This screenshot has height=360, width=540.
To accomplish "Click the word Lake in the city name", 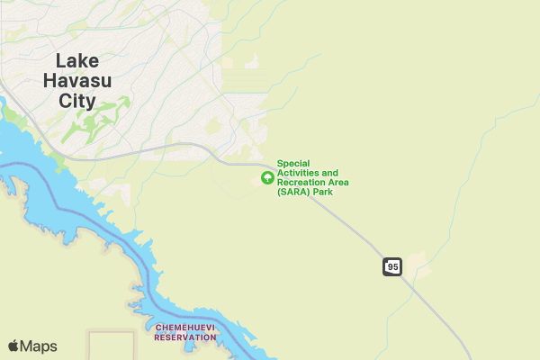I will point(76,60).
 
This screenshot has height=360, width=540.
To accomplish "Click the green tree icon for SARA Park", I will point(267,177).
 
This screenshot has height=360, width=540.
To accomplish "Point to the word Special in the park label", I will point(292,163).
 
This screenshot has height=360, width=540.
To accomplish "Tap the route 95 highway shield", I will point(391,266).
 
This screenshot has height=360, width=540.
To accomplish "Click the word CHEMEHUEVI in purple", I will point(185,328).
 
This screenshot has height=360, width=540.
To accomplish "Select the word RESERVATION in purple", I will point(185,337).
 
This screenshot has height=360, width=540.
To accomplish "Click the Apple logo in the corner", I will point(13,346).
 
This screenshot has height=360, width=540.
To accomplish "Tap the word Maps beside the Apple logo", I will point(39,346).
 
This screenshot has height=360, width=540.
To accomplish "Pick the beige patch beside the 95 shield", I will point(417,265).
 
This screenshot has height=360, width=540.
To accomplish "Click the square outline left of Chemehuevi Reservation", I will point(111,346).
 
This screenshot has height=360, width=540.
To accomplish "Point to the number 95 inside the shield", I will point(391,266).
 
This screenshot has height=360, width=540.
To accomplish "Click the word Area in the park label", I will point(338,183).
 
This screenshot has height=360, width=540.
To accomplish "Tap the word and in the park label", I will point(330,173).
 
